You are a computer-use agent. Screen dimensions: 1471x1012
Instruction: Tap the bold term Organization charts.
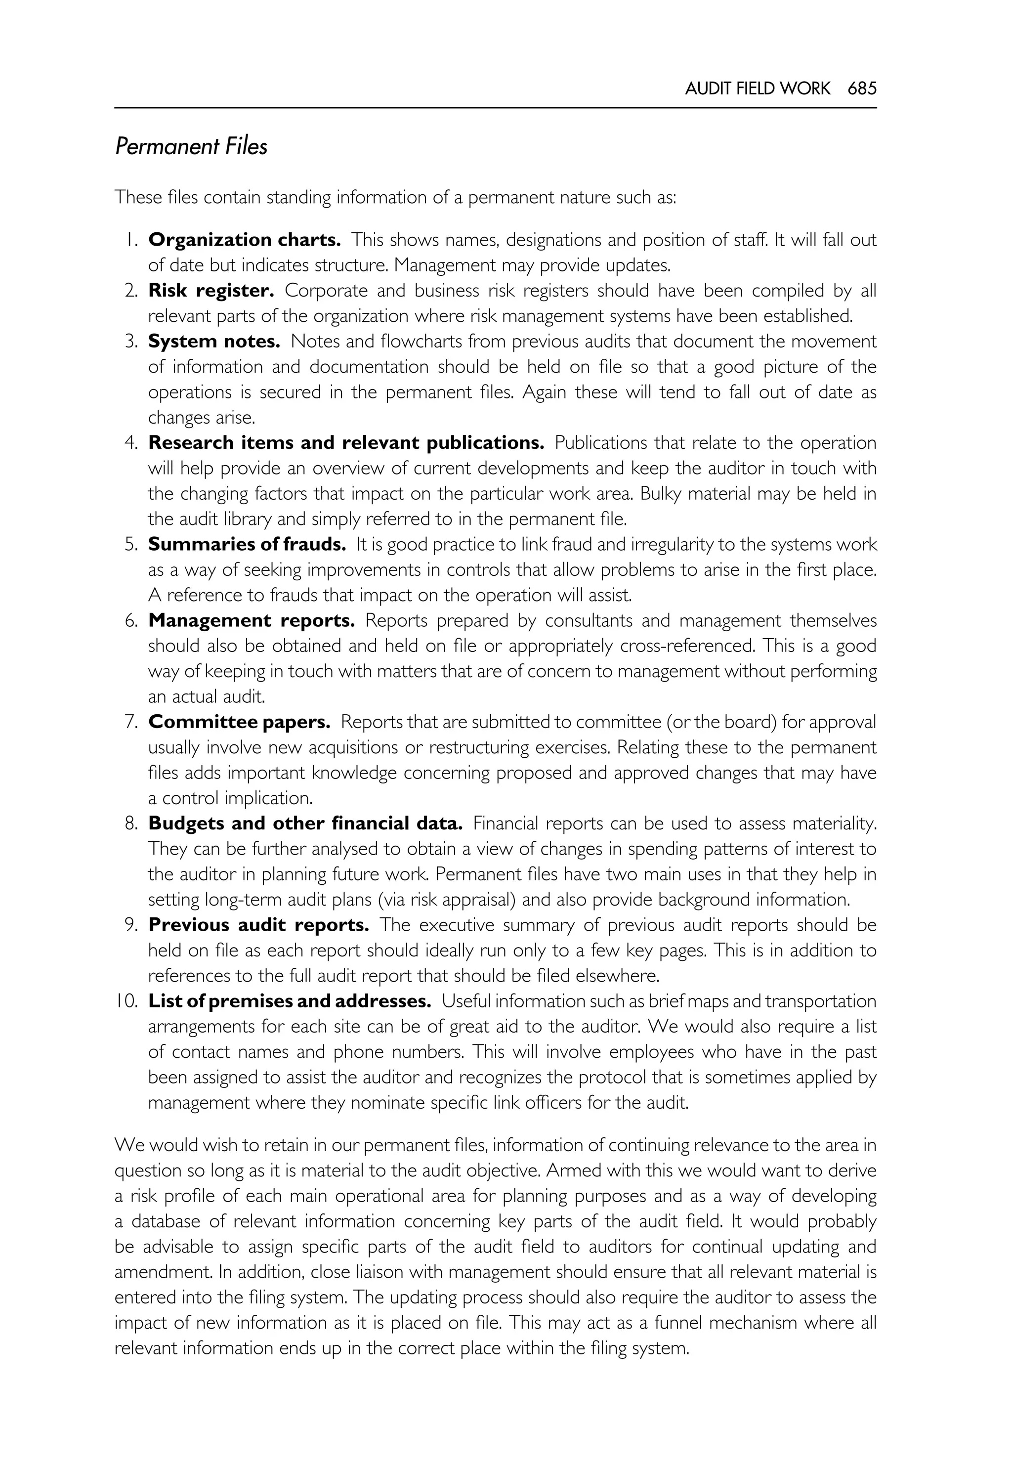point(244,240)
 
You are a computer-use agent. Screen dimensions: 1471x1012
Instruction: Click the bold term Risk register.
point(211,291)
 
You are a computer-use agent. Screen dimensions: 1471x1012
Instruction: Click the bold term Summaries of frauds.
point(247,544)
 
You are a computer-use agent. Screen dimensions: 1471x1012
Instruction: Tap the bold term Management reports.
point(251,620)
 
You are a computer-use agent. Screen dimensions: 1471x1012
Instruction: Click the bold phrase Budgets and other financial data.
point(305,823)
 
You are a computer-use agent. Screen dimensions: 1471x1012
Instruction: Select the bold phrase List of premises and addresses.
point(289,1001)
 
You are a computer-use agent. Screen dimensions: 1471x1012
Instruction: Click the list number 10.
point(127,1001)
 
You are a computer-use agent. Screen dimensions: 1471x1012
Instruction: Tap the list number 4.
point(131,443)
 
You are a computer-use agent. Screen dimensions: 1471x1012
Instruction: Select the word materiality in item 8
point(831,823)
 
